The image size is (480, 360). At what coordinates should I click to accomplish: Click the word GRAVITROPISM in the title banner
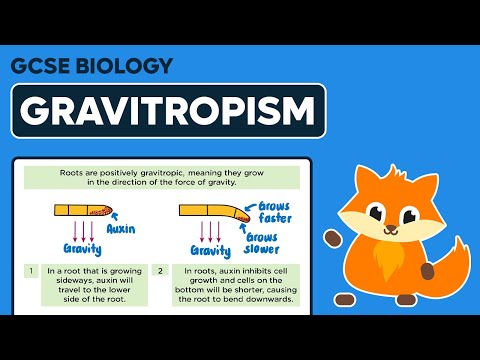[x=169, y=110]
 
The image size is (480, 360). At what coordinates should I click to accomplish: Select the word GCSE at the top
[x=38, y=66]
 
